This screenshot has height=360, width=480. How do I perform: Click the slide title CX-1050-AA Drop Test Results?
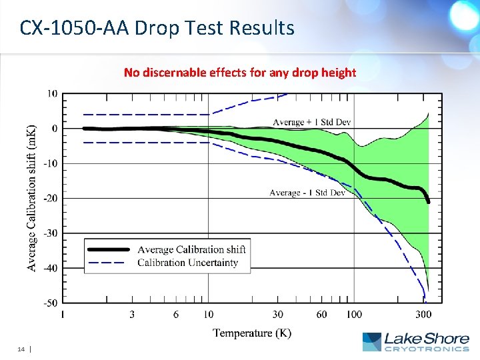click(157, 28)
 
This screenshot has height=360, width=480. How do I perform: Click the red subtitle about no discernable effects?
click(240, 72)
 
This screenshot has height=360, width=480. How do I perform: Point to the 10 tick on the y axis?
click(51, 93)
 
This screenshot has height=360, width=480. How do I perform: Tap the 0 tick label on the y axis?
click(54, 128)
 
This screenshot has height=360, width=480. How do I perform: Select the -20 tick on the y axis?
click(50, 198)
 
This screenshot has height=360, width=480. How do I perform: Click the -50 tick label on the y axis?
click(50, 303)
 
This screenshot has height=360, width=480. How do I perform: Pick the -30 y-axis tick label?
click(50, 233)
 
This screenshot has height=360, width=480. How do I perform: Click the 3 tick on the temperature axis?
click(132, 315)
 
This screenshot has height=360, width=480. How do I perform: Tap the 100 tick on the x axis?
click(354, 315)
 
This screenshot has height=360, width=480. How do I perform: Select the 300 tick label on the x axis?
click(423, 315)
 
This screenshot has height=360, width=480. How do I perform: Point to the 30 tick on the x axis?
click(277, 315)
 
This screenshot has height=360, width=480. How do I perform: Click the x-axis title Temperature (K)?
click(252, 333)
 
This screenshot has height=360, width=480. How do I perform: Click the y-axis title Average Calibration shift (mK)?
click(31, 198)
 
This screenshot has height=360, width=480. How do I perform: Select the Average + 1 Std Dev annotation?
click(311, 122)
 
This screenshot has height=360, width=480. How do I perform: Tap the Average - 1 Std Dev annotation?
click(307, 193)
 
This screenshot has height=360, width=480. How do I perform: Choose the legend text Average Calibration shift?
click(191, 249)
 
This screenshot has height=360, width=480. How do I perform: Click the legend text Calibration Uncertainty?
click(187, 263)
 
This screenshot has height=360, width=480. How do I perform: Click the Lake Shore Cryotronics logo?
click(415, 341)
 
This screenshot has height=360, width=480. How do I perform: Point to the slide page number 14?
click(21, 349)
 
